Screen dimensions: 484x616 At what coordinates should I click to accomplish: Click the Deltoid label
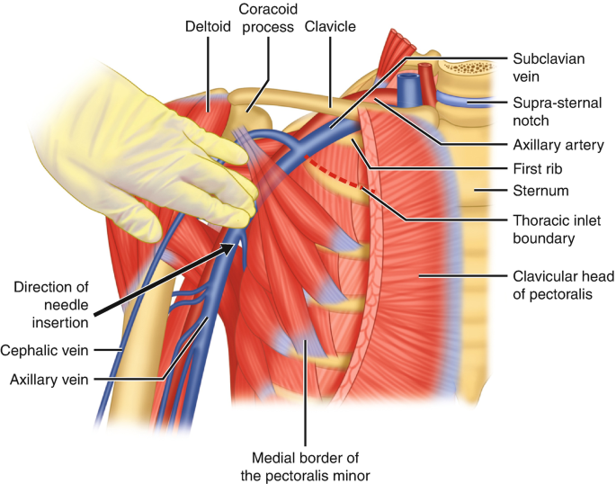[x=209, y=26]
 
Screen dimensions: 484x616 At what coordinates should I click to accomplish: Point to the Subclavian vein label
[x=549, y=67]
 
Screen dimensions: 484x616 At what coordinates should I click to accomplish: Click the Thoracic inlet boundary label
[x=554, y=228]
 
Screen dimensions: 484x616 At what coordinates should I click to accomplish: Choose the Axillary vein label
[x=49, y=380]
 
